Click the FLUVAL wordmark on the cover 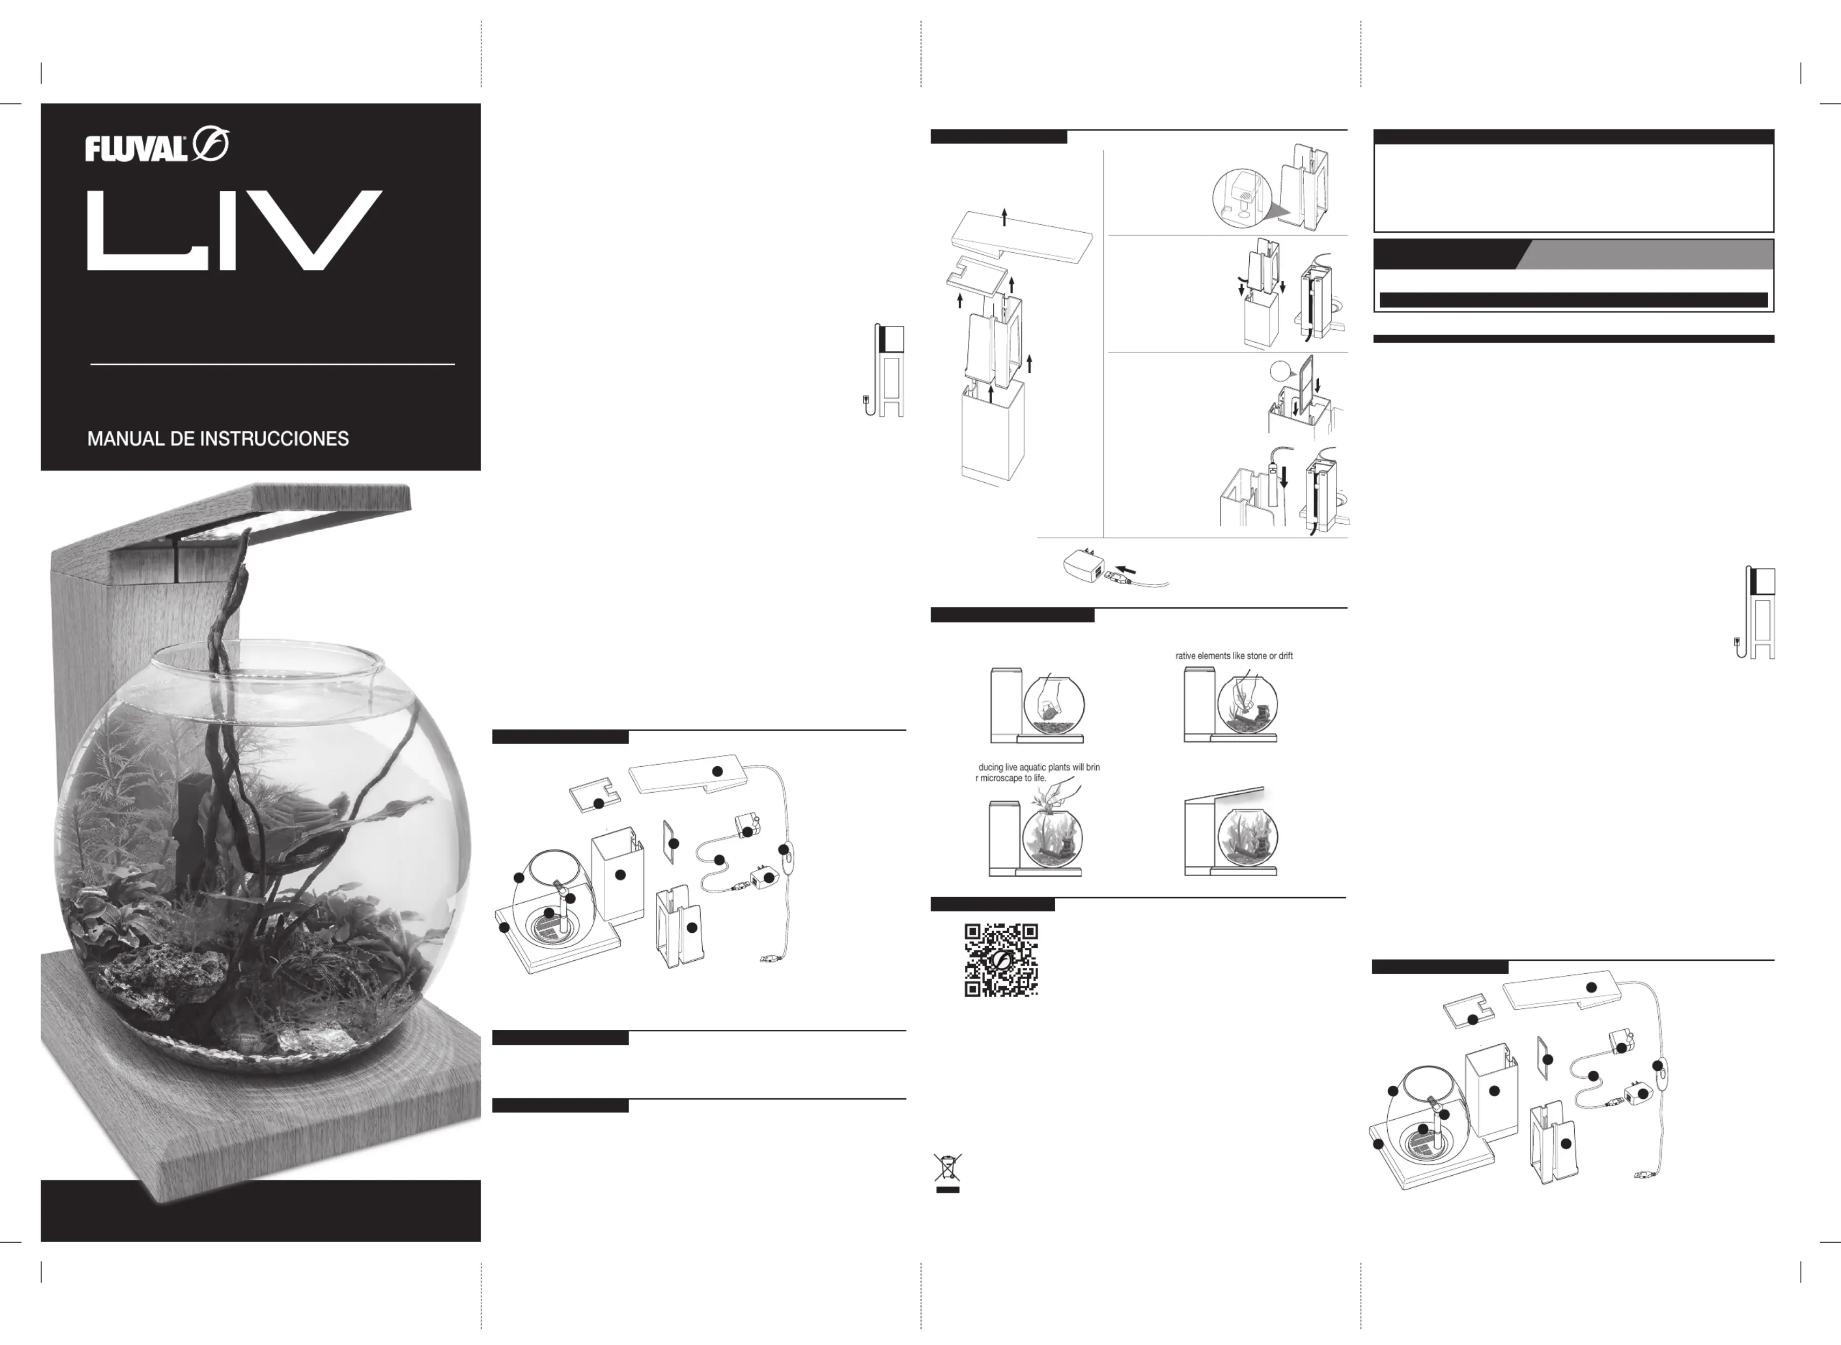pos(136,149)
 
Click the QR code pos(1001,960)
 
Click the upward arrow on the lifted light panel pos(1005,217)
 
